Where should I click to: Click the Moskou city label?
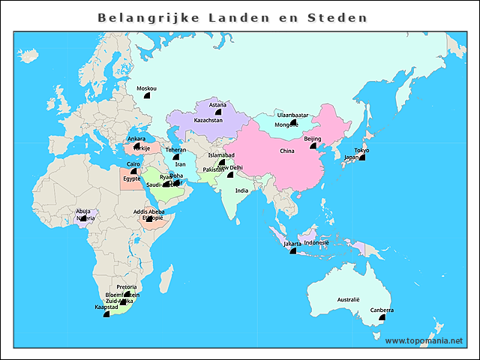click(146, 88)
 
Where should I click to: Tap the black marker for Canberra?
click(382, 317)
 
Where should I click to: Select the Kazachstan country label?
click(208, 120)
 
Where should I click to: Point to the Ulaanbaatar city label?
click(292, 115)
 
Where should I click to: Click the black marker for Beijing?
click(312, 147)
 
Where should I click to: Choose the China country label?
click(287, 151)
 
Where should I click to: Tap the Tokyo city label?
click(361, 150)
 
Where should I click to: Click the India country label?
click(241, 190)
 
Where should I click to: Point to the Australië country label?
click(349, 300)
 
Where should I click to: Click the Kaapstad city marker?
click(106, 314)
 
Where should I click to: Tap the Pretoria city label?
click(127, 287)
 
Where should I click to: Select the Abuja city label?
click(84, 211)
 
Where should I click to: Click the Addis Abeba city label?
click(148, 211)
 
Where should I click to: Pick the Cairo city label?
click(133, 163)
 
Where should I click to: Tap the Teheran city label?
click(175, 149)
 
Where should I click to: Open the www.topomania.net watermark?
click(424, 340)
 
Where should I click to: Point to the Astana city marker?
click(217, 112)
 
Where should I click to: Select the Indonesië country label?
click(316, 242)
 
